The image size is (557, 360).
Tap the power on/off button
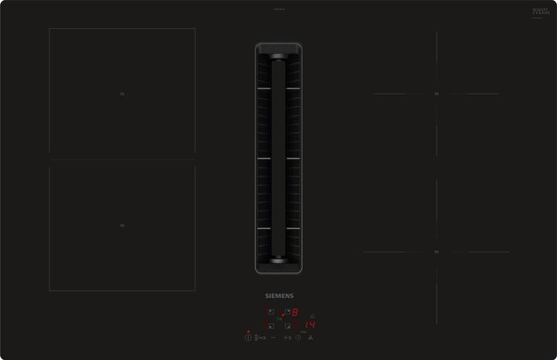point(248,338)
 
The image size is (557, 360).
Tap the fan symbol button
point(311,338)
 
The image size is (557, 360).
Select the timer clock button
point(298,338)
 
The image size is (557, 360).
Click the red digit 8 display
point(295,313)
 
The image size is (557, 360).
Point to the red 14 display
point(310,324)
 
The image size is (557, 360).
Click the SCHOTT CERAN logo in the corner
point(540,11)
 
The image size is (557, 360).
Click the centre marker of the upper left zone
point(122,94)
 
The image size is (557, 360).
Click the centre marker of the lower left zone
point(122,226)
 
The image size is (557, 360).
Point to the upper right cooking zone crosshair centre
point(436,94)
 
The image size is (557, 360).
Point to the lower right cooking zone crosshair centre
point(436,252)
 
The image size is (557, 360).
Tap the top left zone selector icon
point(271,313)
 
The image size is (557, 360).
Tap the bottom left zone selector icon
point(271,325)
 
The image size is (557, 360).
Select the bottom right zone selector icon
point(287,325)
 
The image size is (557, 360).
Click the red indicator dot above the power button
point(248,331)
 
